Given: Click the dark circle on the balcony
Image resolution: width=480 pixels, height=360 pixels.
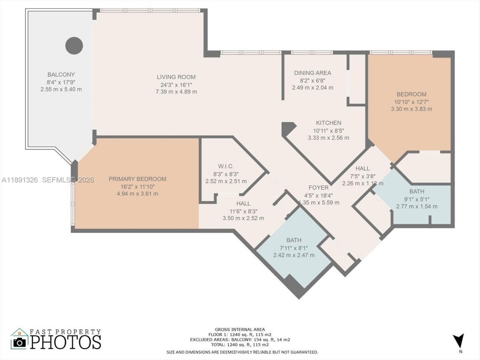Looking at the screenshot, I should pyautogui.click(x=74, y=46).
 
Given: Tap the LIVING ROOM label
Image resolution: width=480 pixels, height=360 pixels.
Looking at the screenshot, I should pyautogui.click(x=176, y=77).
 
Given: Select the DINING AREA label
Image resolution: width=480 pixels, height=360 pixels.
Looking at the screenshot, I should pyautogui.click(x=312, y=73).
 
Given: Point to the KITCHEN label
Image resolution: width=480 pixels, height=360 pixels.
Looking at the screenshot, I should pyautogui.click(x=328, y=123).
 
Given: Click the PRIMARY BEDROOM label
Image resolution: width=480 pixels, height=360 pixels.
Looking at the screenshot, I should pyautogui.click(x=137, y=179).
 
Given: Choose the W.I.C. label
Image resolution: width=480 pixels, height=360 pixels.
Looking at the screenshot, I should pyautogui.click(x=226, y=166).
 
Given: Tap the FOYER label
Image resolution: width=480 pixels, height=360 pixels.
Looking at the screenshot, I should pyautogui.click(x=318, y=187).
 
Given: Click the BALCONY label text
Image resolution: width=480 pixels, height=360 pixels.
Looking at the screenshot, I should pyautogui.click(x=61, y=75).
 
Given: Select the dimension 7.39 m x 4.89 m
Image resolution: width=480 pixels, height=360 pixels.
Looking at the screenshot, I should pyautogui.click(x=176, y=91).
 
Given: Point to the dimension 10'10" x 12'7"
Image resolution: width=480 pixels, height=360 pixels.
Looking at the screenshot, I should pyautogui.click(x=411, y=102).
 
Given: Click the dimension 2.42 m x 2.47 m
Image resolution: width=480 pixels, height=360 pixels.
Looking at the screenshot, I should pyautogui.click(x=294, y=255).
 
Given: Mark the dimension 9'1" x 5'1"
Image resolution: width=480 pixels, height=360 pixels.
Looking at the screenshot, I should pyautogui.click(x=417, y=199).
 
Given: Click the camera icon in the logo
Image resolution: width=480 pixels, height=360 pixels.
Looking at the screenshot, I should pyautogui.click(x=19, y=342).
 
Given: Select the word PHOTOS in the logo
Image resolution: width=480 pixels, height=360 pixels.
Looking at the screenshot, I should pyautogui.click(x=66, y=342).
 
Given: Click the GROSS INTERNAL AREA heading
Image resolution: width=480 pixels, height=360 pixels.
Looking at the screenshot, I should pyautogui.click(x=240, y=329).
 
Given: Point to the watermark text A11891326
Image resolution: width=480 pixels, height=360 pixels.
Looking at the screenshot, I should pyautogui.click(x=19, y=180).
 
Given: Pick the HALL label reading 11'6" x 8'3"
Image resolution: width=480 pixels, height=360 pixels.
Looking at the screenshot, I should pyautogui.click(x=243, y=203).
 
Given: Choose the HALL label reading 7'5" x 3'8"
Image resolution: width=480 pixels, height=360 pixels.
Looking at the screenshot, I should pyautogui.click(x=362, y=168).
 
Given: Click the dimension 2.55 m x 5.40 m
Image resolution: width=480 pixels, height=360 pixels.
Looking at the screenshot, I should pyautogui.click(x=61, y=89).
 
